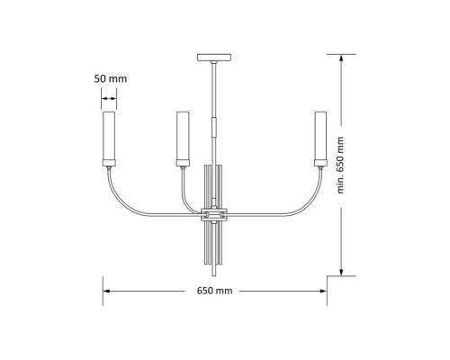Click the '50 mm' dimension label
[110, 79]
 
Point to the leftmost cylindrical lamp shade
[108, 135]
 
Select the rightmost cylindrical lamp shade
[319, 135]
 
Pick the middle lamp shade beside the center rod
[183, 135]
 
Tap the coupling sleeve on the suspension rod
[213, 124]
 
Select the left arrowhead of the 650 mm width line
[105, 292]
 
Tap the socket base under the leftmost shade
[108, 163]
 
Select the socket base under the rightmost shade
[319, 163]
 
